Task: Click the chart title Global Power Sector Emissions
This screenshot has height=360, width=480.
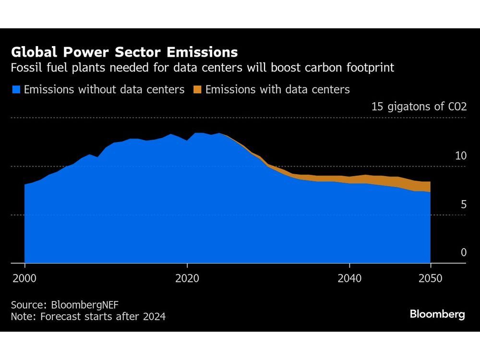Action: pyautogui.click(x=124, y=52)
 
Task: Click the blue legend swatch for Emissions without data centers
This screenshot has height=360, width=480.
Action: pyautogui.click(x=16, y=89)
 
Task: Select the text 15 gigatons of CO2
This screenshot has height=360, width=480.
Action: pyautogui.click(x=419, y=107)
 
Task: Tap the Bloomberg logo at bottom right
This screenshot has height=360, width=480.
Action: pyautogui.click(x=437, y=314)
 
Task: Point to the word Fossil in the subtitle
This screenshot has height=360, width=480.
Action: pyautogui.click(x=26, y=68)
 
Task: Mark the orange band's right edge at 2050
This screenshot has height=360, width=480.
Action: pyautogui.click(x=430, y=187)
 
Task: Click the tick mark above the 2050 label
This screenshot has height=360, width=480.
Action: pyautogui.click(x=431, y=266)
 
